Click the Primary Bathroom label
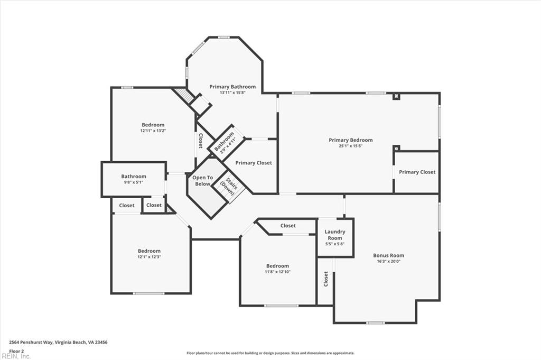tap(232, 87)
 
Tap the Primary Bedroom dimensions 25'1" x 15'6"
tap(350, 146)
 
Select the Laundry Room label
tap(335, 235)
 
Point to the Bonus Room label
tap(388, 255)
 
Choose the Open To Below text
tap(202, 181)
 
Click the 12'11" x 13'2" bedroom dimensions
tap(153, 131)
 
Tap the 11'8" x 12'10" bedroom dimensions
tap(277, 272)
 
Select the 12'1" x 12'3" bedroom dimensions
tap(149, 257)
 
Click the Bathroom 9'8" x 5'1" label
tap(134, 177)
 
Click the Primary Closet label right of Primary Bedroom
tap(416, 172)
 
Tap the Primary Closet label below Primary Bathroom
tap(254, 163)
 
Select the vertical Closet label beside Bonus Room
tap(326, 279)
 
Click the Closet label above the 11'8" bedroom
tap(288, 226)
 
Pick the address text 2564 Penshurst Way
tap(58, 343)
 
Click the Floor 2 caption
tap(17, 350)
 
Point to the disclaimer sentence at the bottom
tap(270, 353)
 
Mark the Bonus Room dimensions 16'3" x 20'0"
tap(388, 261)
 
